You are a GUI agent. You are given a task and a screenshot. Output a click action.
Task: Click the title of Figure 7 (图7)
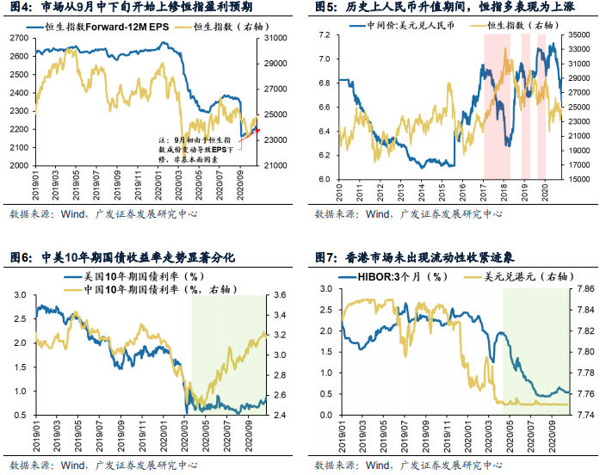coord(430,257)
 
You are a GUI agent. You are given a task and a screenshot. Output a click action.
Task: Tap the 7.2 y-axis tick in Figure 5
coord(325,35)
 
